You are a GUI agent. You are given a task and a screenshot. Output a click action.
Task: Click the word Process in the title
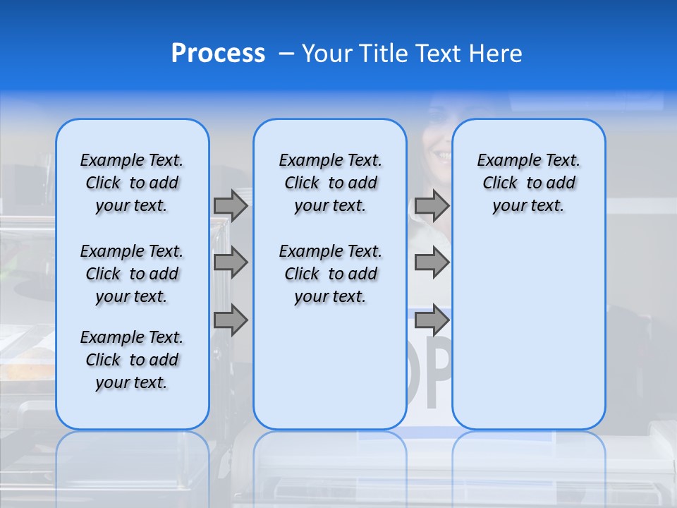(x=218, y=54)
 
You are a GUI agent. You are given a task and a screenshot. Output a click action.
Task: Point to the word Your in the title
(x=327, y=54)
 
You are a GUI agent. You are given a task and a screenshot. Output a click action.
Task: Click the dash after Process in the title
(x=286, y=54)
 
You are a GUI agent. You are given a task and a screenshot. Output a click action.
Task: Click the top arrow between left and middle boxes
(x=231, y=205)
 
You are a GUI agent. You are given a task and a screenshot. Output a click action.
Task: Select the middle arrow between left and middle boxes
(x=231, y=262)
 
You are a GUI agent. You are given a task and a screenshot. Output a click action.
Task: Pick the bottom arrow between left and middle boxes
(x=231, y=320)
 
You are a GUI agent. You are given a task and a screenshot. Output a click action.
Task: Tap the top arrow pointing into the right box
(x=432, y=205)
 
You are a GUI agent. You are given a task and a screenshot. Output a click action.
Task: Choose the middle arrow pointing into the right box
(x=432, y=262)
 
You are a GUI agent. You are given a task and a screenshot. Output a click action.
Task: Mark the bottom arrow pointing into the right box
(x=432, y=320)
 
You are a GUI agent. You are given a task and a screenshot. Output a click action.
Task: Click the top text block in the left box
(x=132, y=183)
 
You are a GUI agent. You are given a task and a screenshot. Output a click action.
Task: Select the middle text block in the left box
(x=132, y=274)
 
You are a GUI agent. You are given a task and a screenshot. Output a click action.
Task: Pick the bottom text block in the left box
(x=132, y=360)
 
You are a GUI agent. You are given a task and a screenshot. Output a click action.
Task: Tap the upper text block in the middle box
(x=330, y=183)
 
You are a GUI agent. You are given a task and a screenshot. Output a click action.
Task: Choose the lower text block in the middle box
(x=330, y=274)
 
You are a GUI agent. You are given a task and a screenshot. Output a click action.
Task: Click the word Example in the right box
(x=504, y=160)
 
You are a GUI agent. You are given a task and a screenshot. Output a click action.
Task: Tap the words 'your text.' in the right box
(x=528, y=206)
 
